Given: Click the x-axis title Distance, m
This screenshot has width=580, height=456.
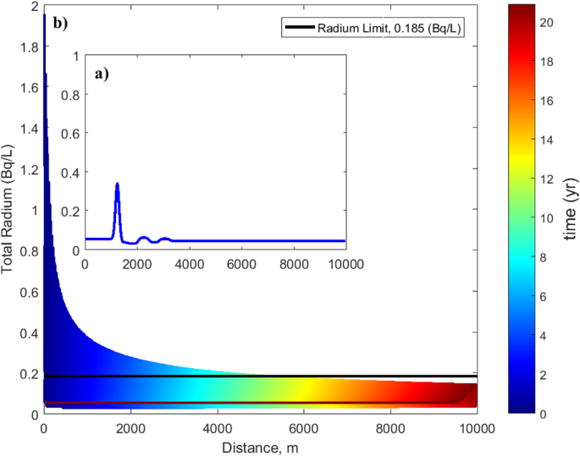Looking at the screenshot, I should click(260, 445).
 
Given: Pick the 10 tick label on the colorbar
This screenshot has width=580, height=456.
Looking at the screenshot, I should click(547, 217).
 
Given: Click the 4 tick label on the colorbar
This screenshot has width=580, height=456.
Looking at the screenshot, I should click(544, 335).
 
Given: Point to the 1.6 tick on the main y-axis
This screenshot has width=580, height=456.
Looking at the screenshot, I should click(28, 87).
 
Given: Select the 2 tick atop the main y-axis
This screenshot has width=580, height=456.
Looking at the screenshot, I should click(33, 6).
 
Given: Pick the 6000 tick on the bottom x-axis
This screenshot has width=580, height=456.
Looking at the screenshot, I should click(304, 428).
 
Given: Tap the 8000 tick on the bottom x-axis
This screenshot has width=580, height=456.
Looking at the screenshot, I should click(390, 428).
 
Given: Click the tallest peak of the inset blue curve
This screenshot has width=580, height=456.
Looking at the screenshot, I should click(117, 184).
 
